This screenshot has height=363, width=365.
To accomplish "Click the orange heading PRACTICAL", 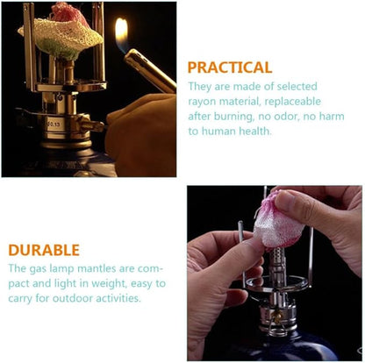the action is pos(230,68).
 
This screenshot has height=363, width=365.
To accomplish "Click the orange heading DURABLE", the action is pos(44,250).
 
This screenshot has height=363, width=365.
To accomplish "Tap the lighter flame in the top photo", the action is pos(122,34).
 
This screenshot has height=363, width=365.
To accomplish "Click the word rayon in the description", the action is pos(203,102).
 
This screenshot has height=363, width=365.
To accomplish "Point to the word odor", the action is pos(283,117).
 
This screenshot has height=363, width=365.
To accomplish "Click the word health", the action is pos(255,131).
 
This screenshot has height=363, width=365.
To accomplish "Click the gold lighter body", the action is pos(150,70).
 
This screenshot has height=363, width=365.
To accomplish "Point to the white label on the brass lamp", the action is pos(54,124).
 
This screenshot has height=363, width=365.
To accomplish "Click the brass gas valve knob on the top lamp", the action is pos(93,126).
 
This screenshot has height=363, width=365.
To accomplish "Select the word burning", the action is pos(233,117).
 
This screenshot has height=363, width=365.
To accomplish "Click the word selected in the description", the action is pos(297,87).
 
